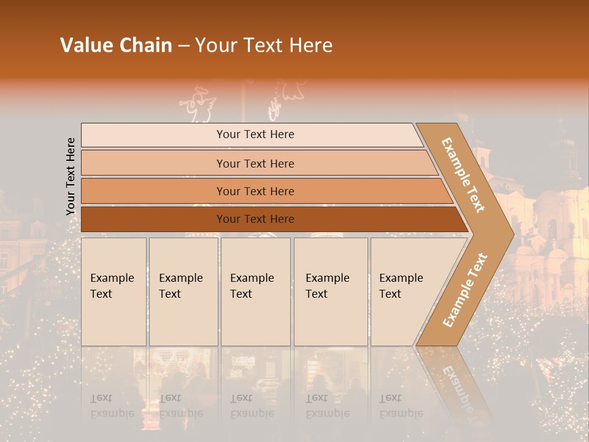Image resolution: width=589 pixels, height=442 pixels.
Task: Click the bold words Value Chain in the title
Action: pyautogui.click(x=116, y=45)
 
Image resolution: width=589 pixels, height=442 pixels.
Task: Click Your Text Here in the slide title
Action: pyautogui.click(x=264, y=45)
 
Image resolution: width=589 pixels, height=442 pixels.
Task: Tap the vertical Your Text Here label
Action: pyautogui.click(x=71, y=176)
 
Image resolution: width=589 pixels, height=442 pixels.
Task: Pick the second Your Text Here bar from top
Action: pyautogui.click(x=255, y=163)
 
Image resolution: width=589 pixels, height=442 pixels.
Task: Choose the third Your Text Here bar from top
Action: pyautogui.click(x=255, y=191)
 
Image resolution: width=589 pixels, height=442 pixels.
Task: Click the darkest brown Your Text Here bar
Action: pyautogui.click(x=255, y=219)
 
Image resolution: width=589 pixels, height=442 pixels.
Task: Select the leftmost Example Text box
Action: pyautogui.click(x=114, y=292)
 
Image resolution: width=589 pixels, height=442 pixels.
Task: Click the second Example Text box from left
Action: pyautogui.click(x=183, y=292)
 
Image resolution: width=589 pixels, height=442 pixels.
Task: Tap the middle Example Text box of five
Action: pyautogui.click(x=255, y=292)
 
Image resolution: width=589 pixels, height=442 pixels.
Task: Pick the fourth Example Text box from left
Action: pyautogui.click(x=330, y=292)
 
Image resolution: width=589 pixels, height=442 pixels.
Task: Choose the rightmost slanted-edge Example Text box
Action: pyautogui.click(x=405, y=292)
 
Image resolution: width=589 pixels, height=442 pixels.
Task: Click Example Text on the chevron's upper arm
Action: pyautogui.click(x=463, y=175)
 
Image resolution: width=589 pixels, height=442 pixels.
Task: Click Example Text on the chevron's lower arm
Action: pyautogui.click(x=465, y=290)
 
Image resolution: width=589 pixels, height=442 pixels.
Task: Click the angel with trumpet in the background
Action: pyautogui.click(x=198, y=104)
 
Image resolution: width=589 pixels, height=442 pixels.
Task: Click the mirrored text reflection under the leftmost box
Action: pyautogui.click(x=112, y=406)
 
